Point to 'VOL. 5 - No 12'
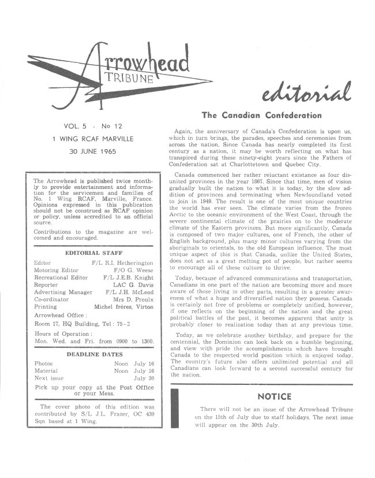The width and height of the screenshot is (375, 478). click(x=92, y=126)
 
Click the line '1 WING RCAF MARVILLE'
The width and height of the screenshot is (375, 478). click(x=93, y=139)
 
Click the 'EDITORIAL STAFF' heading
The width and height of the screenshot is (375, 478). click(x=92, y=253)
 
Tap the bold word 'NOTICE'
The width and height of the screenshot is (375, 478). click(x=275, y=397)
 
